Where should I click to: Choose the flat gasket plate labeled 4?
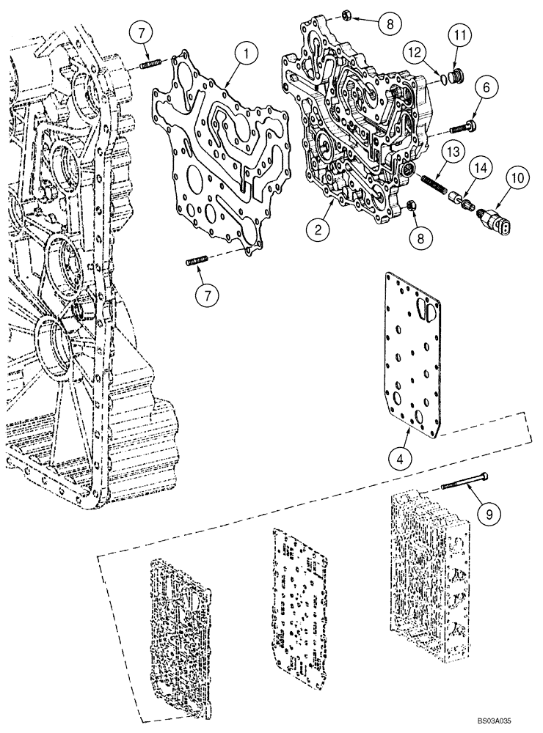point(414,352)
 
